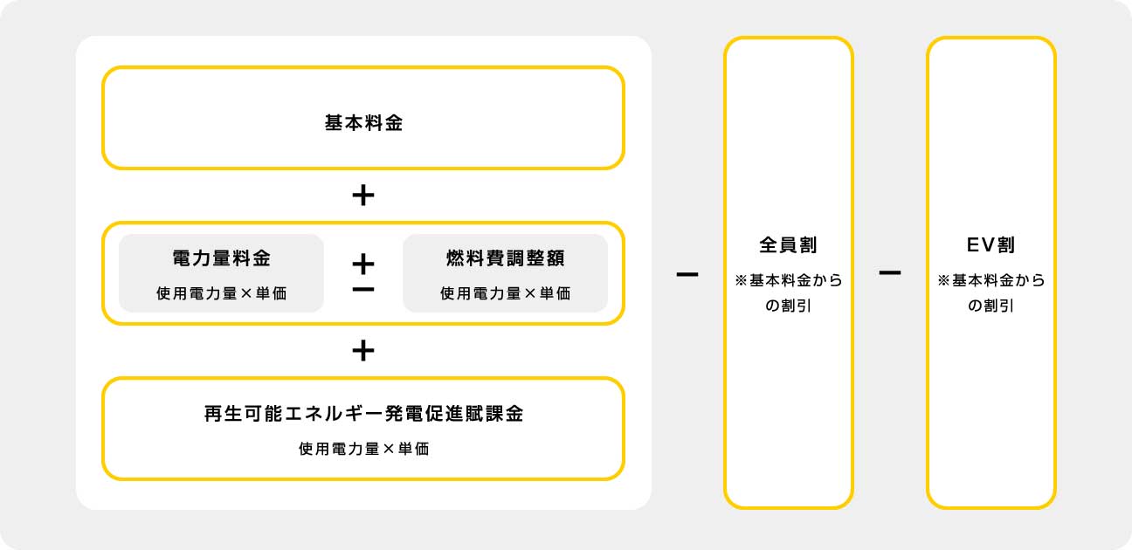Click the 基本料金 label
(x=363, y=123)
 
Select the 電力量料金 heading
(x=221, y=258)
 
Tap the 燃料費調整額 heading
(x=505, y=258)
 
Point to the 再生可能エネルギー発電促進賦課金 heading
(x=363, y=414)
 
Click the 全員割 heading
(x=788, y=245)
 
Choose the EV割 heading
(x=990, y=245)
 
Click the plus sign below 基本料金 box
(x=363, y=195)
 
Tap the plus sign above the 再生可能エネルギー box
(x=363, y=350)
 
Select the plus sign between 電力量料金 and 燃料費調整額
(x=363, y=265)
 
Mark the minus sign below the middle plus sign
(x=363, y=289)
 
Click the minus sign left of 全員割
(x=687, y=274)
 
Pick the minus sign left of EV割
(x=890, y=272)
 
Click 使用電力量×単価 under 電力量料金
(x=221, y=293)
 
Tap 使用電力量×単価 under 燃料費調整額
(x=505, y=293)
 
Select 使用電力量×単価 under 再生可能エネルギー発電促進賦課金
(x=363, y=449)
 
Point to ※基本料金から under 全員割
(x=789, y=280)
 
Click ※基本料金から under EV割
(x=991, y=280)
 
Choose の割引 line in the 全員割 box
(x=788, y=306)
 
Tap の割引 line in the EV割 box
(x=990, y=306)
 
